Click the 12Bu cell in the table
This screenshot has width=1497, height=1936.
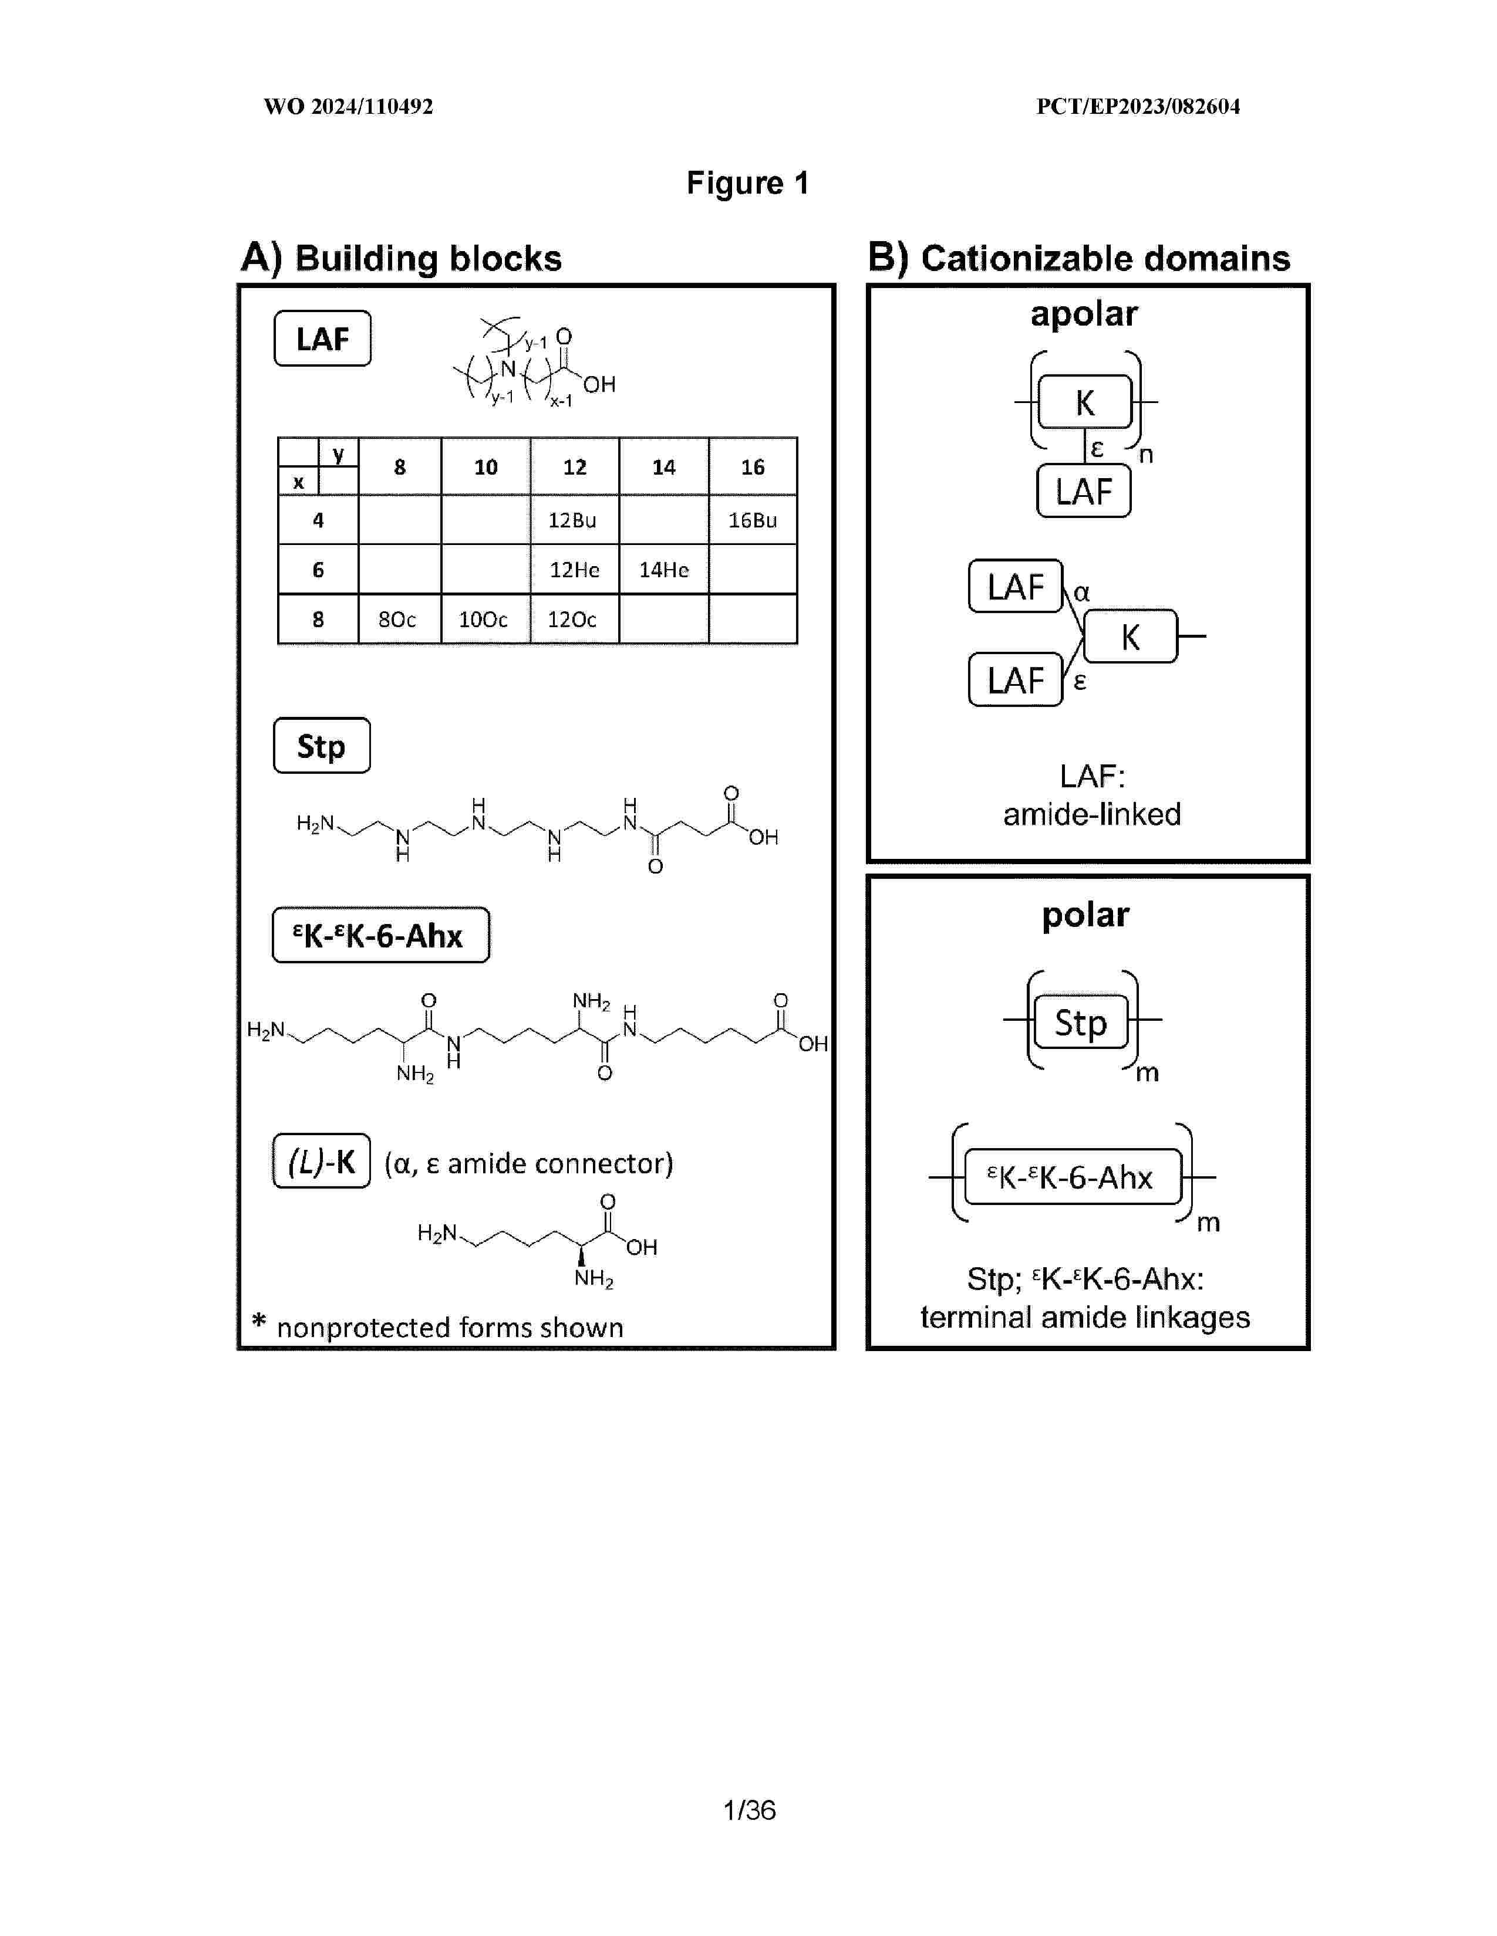coord(573,520)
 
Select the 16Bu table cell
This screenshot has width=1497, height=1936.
coord(752,520)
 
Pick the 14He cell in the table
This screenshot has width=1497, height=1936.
coord(663,570)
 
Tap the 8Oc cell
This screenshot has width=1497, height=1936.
coord(397,620)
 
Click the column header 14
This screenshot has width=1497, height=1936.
coord(663,467)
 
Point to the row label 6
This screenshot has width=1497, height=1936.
coord(318,570)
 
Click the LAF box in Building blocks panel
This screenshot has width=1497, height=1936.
coord(322,339)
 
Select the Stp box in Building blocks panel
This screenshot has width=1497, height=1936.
coord(321,746)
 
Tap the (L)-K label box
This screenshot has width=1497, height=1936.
coord(321,1161)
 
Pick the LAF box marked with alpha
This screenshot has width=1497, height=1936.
coord(1016,587)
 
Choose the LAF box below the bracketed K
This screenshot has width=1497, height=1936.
coord(1084,491)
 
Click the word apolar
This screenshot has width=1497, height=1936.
coord(1084,314)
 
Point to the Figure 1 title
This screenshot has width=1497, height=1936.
coord(747,184)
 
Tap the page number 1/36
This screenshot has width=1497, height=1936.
coord(750,1810)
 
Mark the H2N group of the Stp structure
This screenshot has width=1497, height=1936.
coord(314,824)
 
